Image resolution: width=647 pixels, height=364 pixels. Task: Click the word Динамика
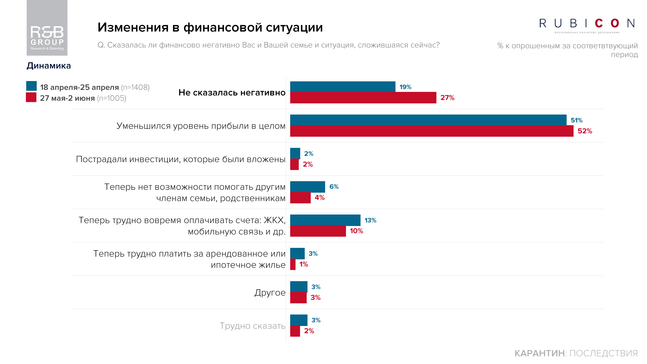pyautogui.click(x=49, y=66)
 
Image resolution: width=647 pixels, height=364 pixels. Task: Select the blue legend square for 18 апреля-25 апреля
pyautogui.click(x=31, y=86)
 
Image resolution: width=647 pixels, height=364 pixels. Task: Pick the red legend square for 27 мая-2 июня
pyautogui.click(x=31, y=97)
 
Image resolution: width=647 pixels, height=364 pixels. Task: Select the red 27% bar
pyautogui.click(x=363, y=98)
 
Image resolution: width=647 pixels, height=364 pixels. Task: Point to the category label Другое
pyautogui.click(x=270, y=293)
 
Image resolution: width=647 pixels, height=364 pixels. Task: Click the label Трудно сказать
pyautogui.click(x=252, y=326)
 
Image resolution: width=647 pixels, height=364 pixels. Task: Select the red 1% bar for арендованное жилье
pyautogui.click(x=293, y=265)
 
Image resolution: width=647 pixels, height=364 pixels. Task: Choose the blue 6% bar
pyautogui.click(x=307, y=187)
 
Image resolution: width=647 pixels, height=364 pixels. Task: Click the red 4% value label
pyautogui.click(x=319, y=198)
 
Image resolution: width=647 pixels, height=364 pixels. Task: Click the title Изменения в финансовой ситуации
pyautogui.click(x=210, y=27)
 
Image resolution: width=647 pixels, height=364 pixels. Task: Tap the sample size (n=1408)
pyautogui.click(x=135, y=87)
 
